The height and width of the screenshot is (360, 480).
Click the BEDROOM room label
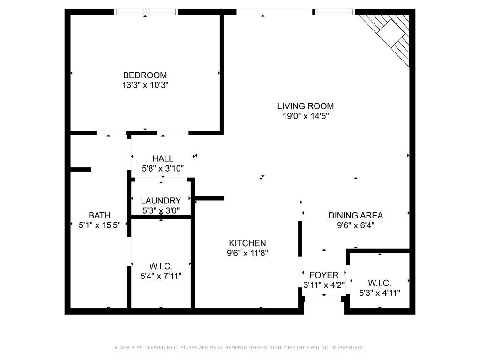(145, 75)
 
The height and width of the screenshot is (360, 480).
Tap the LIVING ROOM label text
(305, 106)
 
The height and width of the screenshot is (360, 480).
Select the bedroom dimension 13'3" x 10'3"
(145, 85)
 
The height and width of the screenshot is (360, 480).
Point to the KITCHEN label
(247, 243)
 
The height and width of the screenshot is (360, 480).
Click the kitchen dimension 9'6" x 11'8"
(247, 253)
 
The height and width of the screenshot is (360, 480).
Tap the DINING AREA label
(355, 216)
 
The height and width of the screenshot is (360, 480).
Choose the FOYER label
(323, 275)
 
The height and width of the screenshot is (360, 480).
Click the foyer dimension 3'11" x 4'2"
(323, 285)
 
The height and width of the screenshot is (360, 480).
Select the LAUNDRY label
(161, 201)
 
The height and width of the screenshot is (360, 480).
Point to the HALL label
(163, 158)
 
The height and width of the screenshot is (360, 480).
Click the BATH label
(99, 215)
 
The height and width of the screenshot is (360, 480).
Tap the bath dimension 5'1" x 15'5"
(99, 225)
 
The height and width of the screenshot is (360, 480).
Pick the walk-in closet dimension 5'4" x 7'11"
(161, 276)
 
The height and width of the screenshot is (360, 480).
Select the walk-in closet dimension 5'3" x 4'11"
(379, 293)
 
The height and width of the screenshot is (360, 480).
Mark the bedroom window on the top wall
(146, 12)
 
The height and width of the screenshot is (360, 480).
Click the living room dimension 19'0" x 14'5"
(305, 116)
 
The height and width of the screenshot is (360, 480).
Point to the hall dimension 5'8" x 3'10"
(163, 168)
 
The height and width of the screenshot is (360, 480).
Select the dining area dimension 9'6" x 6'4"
(355, 225)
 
